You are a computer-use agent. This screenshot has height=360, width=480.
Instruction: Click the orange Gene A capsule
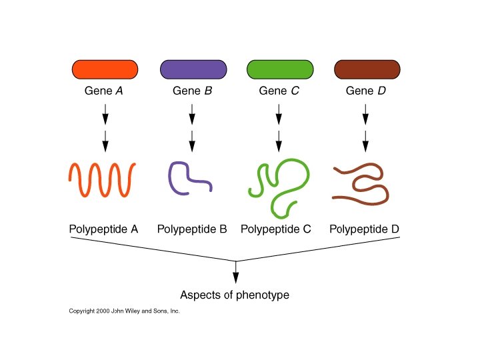click(x=105, y=69)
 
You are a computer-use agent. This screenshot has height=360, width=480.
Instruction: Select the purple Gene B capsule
click(x=193, y=69)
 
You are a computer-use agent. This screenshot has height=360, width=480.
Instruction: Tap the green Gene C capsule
click(x=279, y=69)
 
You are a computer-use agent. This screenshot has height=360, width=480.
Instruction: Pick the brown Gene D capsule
click(x=366, y=69)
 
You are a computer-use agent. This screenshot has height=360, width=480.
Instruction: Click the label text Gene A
click(x=105, y=91)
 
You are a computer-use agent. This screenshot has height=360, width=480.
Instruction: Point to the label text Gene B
click(x=193, y=91)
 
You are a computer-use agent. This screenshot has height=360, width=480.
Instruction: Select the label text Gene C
click(x=279, y=91)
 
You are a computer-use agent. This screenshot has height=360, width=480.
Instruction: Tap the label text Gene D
click(x=366, y=91)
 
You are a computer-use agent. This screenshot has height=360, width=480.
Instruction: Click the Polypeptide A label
click(x=103, y=229)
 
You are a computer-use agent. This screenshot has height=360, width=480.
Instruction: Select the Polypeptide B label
click(x=192, y=229)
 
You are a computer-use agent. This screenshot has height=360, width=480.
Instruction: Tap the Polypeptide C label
click(x=276, y=229)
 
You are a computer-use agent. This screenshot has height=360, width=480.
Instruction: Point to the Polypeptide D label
click(x=365, y=229)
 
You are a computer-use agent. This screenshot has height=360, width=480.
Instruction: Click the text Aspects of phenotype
click(x=235, y=295)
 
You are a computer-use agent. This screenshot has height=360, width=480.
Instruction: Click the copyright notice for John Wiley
click(x=125, y=311)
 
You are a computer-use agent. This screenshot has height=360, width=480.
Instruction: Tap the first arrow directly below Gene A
click(x=105, y=115)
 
